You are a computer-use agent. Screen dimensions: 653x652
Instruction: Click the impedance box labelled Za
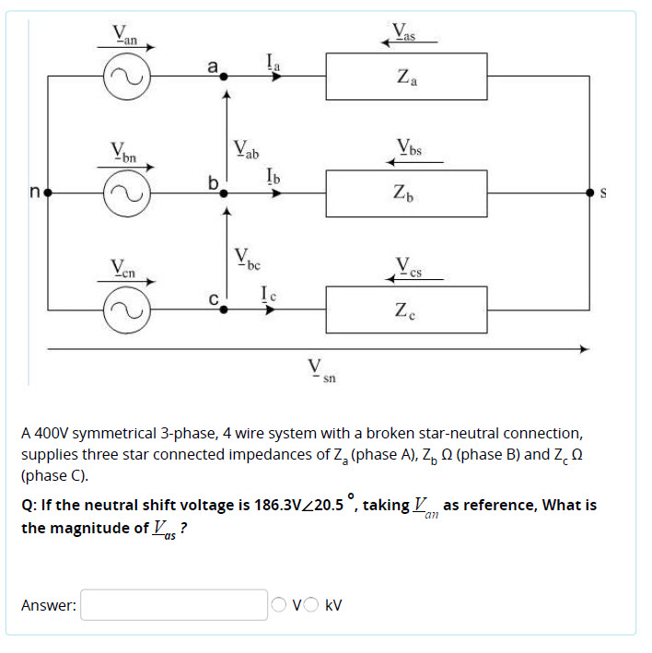405,76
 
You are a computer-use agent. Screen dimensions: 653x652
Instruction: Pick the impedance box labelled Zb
405,193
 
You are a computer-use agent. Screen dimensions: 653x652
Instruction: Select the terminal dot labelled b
222,193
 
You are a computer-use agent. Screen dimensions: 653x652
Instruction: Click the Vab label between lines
246,149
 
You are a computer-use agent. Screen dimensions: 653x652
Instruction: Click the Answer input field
173,605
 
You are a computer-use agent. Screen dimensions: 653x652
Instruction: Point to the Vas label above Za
405,31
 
